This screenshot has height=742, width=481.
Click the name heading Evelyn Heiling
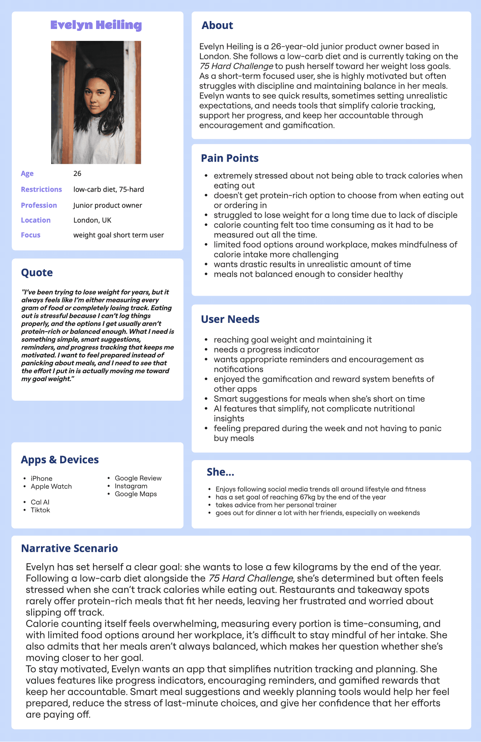[x=96, y=25]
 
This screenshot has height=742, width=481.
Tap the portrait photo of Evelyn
[x=96, y=102]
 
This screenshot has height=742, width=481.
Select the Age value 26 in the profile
[x=77, y=174]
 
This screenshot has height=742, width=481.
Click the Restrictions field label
[x=41, y=189]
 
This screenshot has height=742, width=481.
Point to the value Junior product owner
[x=108, y=205]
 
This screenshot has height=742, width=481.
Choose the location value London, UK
[x=92, y=220]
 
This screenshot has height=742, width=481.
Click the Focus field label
[x=30, y=235]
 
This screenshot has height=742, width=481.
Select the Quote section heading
[x=37, y=272]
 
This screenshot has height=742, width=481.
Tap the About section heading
[x=217, y=25]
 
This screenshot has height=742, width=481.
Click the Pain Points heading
[x=230, y=158]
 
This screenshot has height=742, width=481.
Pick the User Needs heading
[x=230, y=319]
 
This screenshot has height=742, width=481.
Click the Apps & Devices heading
[x=59, y=460]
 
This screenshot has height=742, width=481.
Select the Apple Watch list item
[x=51, y=487]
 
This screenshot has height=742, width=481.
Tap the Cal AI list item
[x=40, y=502]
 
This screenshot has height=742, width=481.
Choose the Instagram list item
[x=131, y=486]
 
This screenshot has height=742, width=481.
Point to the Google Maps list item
[x=136, y=494]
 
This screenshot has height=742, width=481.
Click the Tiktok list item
[x=40, y=510]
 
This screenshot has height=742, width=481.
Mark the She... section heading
[x=220, y=472]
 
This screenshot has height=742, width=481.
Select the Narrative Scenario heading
[x=69, y=549]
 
